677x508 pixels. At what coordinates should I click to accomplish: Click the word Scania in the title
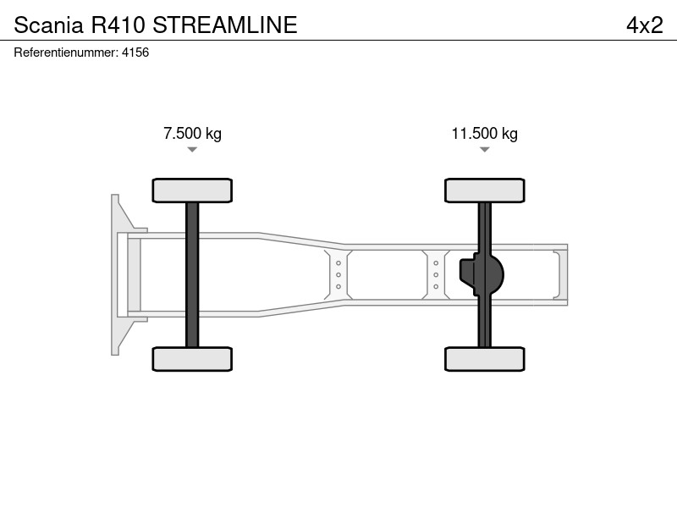pyautogui.click(x=48, y=25)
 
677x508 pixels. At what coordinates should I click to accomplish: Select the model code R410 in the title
pyautogui.click(x=118, y=25)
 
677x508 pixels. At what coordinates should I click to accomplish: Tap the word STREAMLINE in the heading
pyautogui.click(x=225, y=25)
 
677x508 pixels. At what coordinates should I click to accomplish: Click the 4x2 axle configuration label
pyautogui.click(x=645, y=25)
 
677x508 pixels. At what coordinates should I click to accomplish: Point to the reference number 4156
pyautogui.click(x=135, y=52)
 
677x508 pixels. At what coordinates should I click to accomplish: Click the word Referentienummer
pyautogui.click(x=66, y=52)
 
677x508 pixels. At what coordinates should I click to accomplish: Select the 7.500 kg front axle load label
pyautogui.click(x=192, y=134)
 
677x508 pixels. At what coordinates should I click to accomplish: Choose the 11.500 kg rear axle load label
pyautogui.click(x=484, y=134)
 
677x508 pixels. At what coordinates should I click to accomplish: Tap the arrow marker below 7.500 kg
pyautogui.click(x=192, y=150)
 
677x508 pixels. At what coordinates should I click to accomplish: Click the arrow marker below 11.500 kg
pyautogui.click(x=484, y=150)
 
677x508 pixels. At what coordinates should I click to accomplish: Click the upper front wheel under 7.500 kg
pyautogui.click(x=192, y=190)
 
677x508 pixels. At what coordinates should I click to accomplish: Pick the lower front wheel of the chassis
pyautogui.click(x=192, y=359)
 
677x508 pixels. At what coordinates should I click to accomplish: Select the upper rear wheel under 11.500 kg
pyautogui.click(x=484, y=190)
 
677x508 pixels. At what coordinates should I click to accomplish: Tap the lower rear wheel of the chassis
pyautogui.click(x=484, y=359)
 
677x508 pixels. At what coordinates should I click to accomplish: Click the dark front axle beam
pyautogui.click(x=192, y=274)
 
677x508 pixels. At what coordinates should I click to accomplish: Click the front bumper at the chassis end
pyautogui.click(x=116, y=274)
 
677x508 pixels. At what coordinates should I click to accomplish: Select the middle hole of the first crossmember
pyautogui.click(x=338, y=274)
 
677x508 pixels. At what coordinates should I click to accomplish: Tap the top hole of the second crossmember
pyautogui.click(x=436, y=263)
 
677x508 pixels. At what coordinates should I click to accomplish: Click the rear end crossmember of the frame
pyautogui.click(x=560, y=274)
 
